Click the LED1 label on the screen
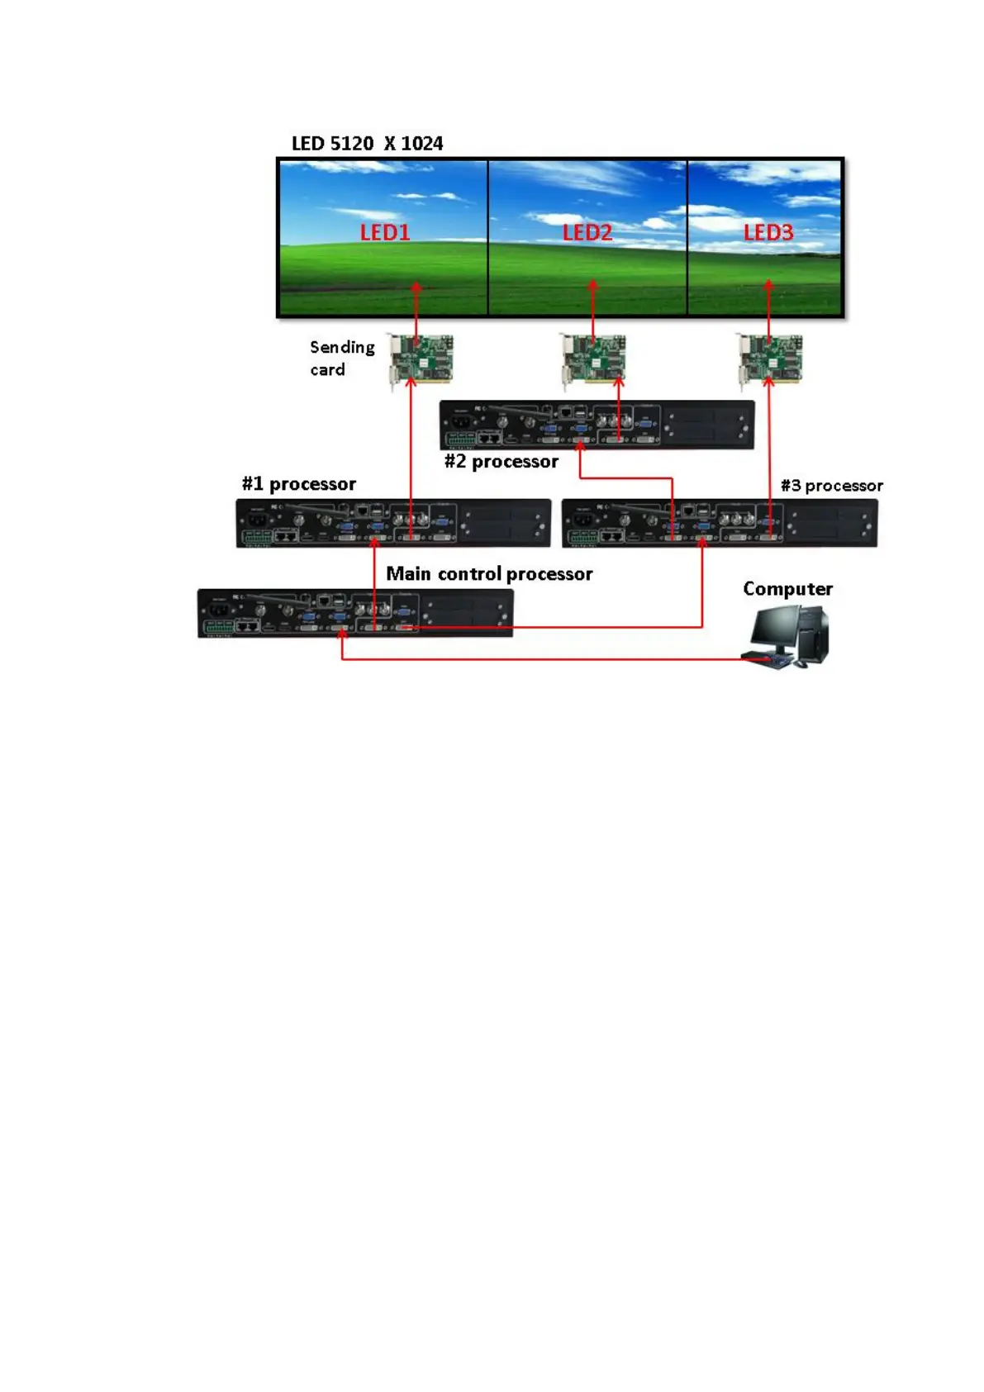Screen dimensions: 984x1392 [385, 232]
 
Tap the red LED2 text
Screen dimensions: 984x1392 [587, 232]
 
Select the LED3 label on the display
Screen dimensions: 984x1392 [768, 232]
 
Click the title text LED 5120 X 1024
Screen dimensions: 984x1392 [367, 144]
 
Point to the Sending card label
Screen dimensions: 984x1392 [342, 358]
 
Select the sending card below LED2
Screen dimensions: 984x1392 [593, 359]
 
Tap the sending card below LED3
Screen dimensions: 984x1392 [771, 359]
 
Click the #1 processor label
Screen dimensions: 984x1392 [299, 484]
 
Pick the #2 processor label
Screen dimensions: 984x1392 [502, 462]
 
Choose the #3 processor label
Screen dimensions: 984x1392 [832, 486]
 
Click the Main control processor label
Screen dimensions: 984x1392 [489, 574]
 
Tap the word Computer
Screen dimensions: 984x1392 [787, 589]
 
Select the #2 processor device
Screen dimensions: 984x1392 [597, 425]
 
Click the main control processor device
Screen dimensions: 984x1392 [355, 613]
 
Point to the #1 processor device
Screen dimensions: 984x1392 [393, 523]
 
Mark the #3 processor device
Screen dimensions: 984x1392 [719, 523]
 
